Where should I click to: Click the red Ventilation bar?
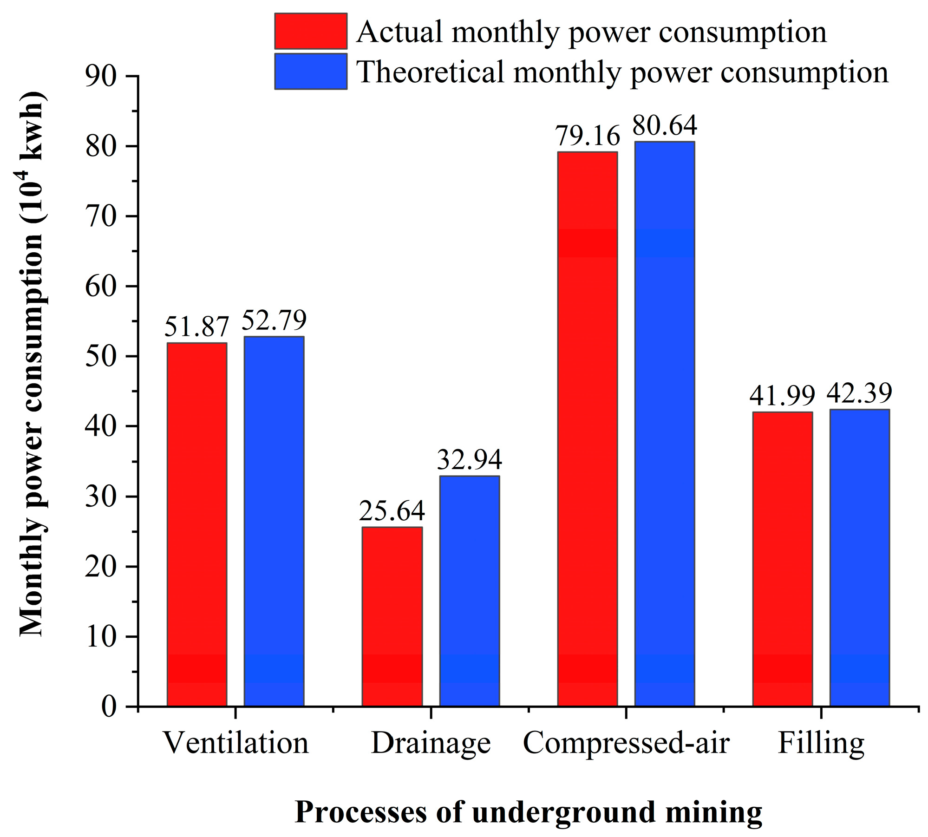tap(197, 524)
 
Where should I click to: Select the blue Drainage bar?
tap(470, 591)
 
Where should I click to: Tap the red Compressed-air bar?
tap(588, 429)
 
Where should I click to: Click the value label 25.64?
tap(392, 511)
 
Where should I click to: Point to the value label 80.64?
tap(665, 125)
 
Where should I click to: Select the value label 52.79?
tap(274, 320)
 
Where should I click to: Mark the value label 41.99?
tap(782, 396)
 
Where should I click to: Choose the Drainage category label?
tap(431, 743)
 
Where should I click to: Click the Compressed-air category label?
tap(626, 743)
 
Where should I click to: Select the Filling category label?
tap(821, 743)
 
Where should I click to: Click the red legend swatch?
tap(311, 31)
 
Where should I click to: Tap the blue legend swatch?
tap(311, 72)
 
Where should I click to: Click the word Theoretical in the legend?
tap(430, 72)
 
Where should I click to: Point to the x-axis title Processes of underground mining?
tap(528, 812)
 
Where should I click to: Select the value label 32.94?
tap(470, 460)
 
